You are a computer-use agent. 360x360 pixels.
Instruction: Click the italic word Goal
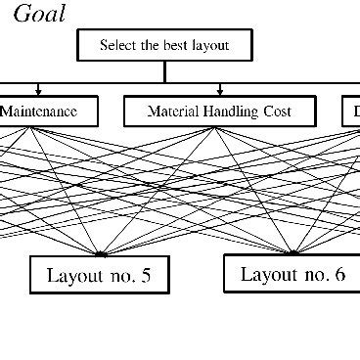40,14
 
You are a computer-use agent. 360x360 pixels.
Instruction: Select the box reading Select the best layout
164,45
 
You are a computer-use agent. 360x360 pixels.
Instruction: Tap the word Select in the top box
119,45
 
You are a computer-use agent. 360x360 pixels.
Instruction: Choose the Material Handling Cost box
219,112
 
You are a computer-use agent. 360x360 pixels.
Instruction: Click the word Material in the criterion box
172,112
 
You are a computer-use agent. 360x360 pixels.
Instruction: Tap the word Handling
229,112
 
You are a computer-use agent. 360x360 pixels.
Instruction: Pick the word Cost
277,112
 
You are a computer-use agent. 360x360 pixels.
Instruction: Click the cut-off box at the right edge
351,112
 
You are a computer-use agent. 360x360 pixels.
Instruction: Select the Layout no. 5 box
98,275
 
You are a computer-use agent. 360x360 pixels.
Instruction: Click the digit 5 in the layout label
146,275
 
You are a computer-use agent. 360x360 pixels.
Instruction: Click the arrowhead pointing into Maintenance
38,91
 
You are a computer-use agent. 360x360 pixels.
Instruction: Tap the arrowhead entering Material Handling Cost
219,91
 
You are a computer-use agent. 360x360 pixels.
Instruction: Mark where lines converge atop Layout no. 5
98,254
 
